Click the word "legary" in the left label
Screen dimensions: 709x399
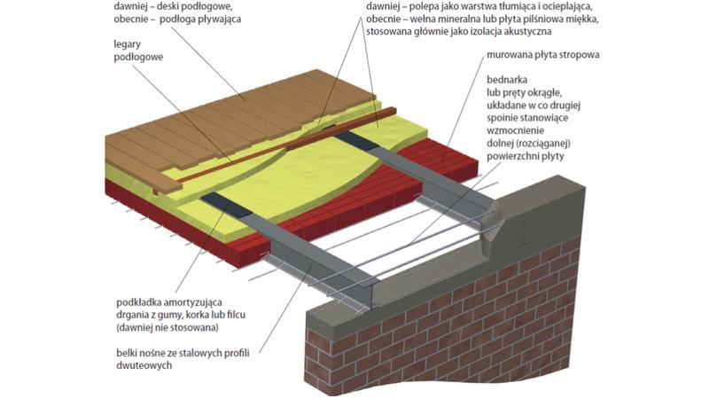127,45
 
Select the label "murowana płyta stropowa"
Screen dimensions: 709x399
543,55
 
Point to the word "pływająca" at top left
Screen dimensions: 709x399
220,20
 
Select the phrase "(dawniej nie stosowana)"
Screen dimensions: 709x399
168,327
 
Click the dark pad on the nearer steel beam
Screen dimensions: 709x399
227,205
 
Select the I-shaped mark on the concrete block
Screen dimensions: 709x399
523,233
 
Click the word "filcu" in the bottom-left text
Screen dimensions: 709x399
234,315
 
